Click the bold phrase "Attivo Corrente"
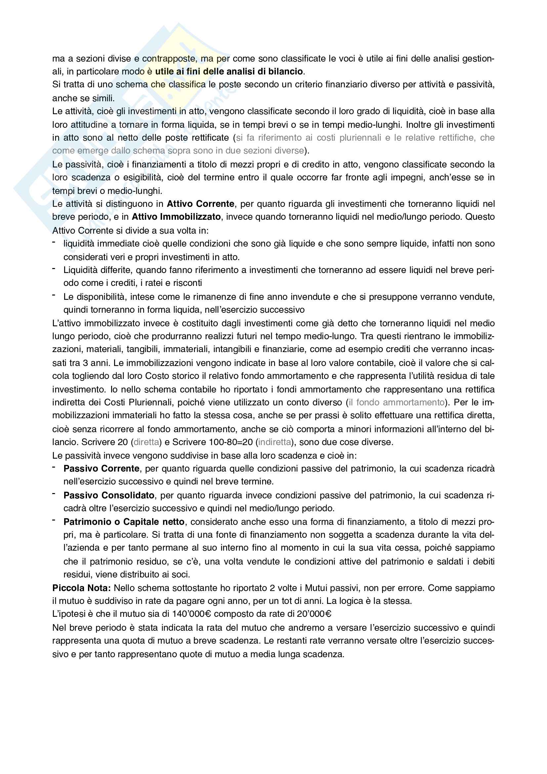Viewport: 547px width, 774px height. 200,204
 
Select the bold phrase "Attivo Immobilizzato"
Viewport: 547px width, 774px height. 176,217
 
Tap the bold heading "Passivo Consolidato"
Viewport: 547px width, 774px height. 109,495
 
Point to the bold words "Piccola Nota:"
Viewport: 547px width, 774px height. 81,588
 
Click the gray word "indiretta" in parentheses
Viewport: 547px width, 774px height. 274,442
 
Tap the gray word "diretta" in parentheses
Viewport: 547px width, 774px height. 146,442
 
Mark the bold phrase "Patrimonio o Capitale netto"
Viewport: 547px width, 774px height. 124,522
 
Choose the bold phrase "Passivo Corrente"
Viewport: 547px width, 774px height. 102,469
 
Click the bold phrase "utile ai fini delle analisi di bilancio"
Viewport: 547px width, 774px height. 229,71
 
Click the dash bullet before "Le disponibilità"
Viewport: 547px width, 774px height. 54,295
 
